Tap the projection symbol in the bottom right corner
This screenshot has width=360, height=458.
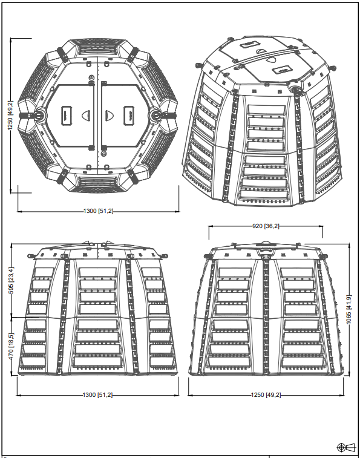click(x=346, y=447)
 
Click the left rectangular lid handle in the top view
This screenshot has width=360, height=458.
click(x=67, y=116)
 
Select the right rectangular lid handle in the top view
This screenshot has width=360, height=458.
click(x=129, y=116)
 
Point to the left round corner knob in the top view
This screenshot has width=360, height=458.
click(x=39, y=116)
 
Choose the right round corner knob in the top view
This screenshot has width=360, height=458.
click(x=155, y=116)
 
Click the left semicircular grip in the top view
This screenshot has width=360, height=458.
click(x=87, y=116)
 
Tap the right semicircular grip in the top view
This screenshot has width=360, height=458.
click(x=110, y=116)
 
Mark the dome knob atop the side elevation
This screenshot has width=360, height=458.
click(x=266, y=243)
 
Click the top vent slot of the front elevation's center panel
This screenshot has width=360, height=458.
click(x=98, y=272)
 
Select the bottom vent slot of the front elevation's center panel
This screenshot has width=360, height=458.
click(x=97, y=362)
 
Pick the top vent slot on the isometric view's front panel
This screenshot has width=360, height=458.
click(x=266, y=110)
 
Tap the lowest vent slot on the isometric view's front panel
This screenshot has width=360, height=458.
click(x=264, y=195)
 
